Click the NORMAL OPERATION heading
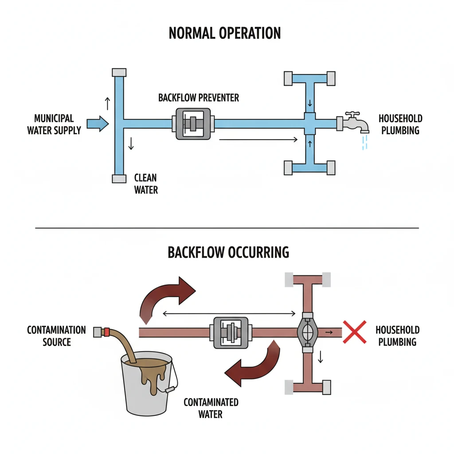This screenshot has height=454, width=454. click(x=225, y=33)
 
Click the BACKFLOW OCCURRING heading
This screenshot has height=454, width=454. click(x=228, y=252)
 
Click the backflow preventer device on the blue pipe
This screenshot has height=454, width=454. click(x=193, y=124)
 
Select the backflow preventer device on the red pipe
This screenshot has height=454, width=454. click(x=231, y=332)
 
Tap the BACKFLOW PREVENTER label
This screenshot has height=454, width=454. click(x=199, y=98)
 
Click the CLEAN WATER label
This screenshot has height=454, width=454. click(x=146, y=184)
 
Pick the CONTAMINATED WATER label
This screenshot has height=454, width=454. click(x=211, y=408)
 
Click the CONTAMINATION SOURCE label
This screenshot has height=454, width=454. click(x=56, y=336)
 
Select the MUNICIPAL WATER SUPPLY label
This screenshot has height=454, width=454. click(x=54, y=124)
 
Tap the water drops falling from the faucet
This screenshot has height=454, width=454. click(x=364, y=142)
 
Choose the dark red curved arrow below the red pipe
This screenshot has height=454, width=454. click(x=253, y=364)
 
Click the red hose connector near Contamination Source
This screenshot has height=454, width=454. click(x=106, y=332)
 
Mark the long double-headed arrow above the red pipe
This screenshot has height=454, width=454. click(x=229, y=314)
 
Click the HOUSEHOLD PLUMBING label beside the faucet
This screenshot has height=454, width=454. click(x=400, y=124)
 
